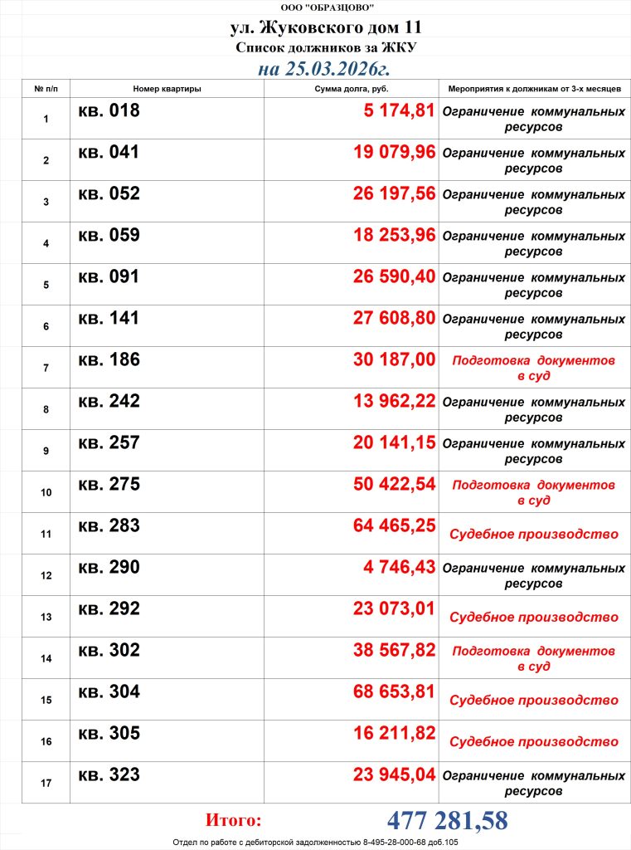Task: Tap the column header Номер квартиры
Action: click(167, 88)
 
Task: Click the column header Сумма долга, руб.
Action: click(352, 88)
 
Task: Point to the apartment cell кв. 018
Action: click(109, 111)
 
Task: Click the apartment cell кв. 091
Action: click(109, 277)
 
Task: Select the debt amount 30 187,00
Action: click(394, 360)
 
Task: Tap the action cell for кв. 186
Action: click(533, 368)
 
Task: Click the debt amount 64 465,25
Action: click(394, 526)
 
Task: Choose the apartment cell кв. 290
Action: click(109, 568)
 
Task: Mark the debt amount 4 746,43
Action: click(399, 568)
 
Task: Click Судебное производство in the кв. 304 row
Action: click(533, 701)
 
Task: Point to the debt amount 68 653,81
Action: click(394, 692)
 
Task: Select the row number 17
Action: click(46, 783)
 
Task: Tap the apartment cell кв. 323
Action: click(109, 775)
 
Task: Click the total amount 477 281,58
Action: click(447, 821)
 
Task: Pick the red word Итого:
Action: click(233, 821)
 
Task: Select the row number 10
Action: click(46, 492)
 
